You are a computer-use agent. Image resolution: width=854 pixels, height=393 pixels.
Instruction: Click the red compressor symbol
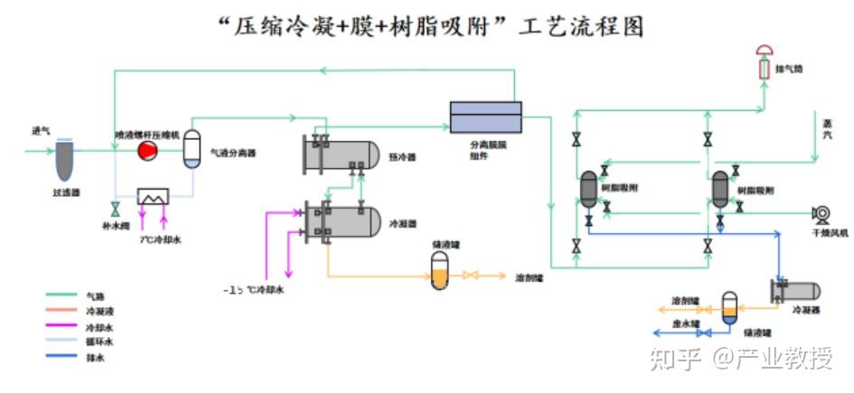click(145, 152)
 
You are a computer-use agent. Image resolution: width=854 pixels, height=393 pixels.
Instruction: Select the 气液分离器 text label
click(232, 154)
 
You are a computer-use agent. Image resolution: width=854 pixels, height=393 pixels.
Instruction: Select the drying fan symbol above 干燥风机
click(821, 213)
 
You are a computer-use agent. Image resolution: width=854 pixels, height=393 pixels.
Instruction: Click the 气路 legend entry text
click(95, 295)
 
